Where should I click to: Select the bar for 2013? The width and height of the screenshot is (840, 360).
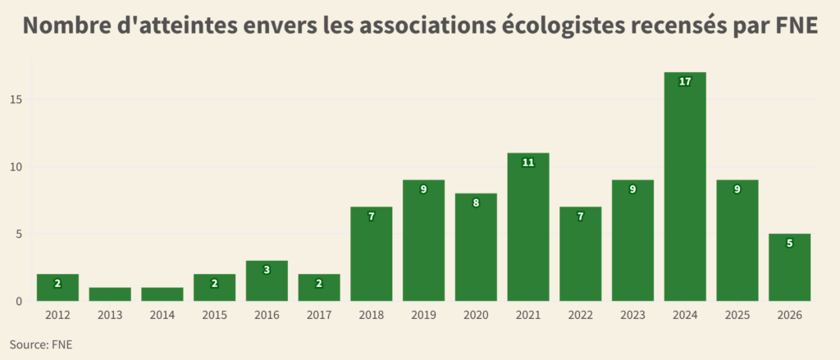110,294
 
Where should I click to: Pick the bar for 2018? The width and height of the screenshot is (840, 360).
371,254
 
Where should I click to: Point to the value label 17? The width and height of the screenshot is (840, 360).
685,81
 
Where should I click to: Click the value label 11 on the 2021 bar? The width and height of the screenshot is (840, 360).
528,162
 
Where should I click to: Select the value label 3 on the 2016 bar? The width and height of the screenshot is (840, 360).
267,270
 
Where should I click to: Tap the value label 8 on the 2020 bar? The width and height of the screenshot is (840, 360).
476,203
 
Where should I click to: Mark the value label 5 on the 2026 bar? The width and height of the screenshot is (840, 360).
789,243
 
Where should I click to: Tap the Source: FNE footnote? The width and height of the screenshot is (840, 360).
41,344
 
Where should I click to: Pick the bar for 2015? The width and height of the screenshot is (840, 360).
214,288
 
